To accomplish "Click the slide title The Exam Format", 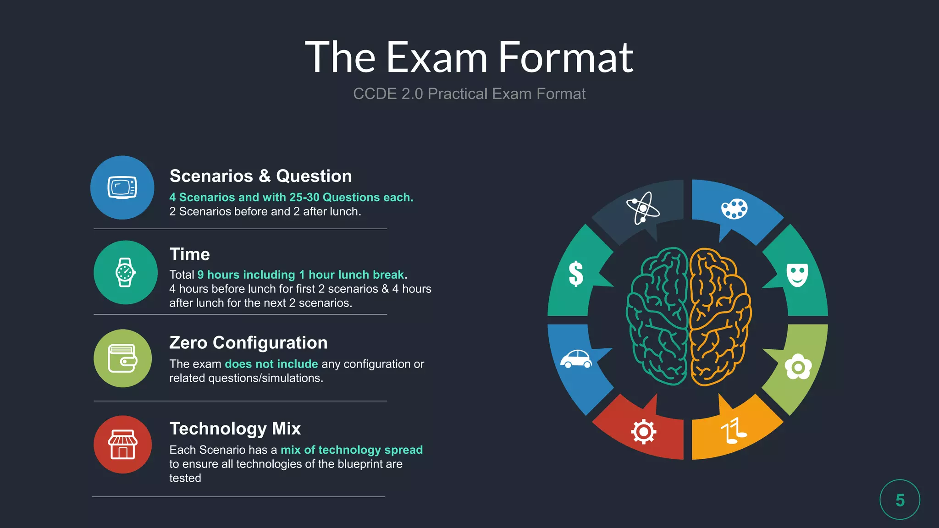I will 469,57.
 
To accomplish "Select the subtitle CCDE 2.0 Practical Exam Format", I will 469,94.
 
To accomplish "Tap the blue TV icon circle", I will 122,187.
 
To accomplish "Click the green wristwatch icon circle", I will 125,272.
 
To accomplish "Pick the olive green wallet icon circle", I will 122,358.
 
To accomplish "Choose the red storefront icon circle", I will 122,444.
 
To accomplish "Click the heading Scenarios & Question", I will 260,176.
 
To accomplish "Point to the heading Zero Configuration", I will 248,343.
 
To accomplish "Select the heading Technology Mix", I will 235,429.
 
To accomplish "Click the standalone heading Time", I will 189,254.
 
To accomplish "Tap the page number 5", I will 900,500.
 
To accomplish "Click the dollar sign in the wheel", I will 576,274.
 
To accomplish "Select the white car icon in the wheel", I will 576,359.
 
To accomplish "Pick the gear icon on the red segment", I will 643,431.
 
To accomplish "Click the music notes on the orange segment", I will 733,431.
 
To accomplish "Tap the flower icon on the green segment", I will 798,367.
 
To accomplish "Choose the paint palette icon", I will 734,209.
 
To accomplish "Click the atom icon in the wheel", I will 643,208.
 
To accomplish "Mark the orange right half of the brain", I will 719,316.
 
